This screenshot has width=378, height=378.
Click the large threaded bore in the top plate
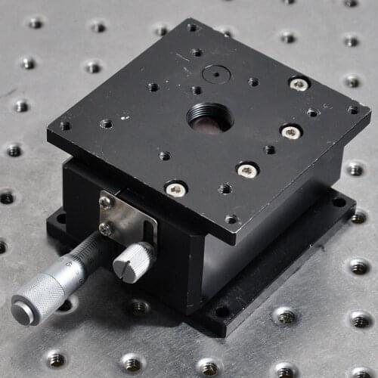[209, 117]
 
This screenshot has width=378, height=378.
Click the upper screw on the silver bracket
[107, 202]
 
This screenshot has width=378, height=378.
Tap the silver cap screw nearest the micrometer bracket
[175, 189]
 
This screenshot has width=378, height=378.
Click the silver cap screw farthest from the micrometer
[299, 83]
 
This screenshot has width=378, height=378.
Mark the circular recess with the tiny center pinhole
[216, 74]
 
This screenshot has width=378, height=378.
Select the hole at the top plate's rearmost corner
[192, 27]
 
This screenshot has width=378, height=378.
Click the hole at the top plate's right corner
[352, 110]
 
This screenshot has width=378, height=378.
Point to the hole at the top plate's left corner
[65, 125]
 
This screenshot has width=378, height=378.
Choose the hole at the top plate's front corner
[231, 219]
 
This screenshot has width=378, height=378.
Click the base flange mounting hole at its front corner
[221, 311]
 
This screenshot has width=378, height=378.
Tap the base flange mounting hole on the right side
[339, 202]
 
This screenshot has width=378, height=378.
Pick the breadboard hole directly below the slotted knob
[138, 307]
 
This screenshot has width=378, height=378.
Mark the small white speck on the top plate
[125, 118]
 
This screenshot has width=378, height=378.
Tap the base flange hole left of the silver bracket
[60, 218]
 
